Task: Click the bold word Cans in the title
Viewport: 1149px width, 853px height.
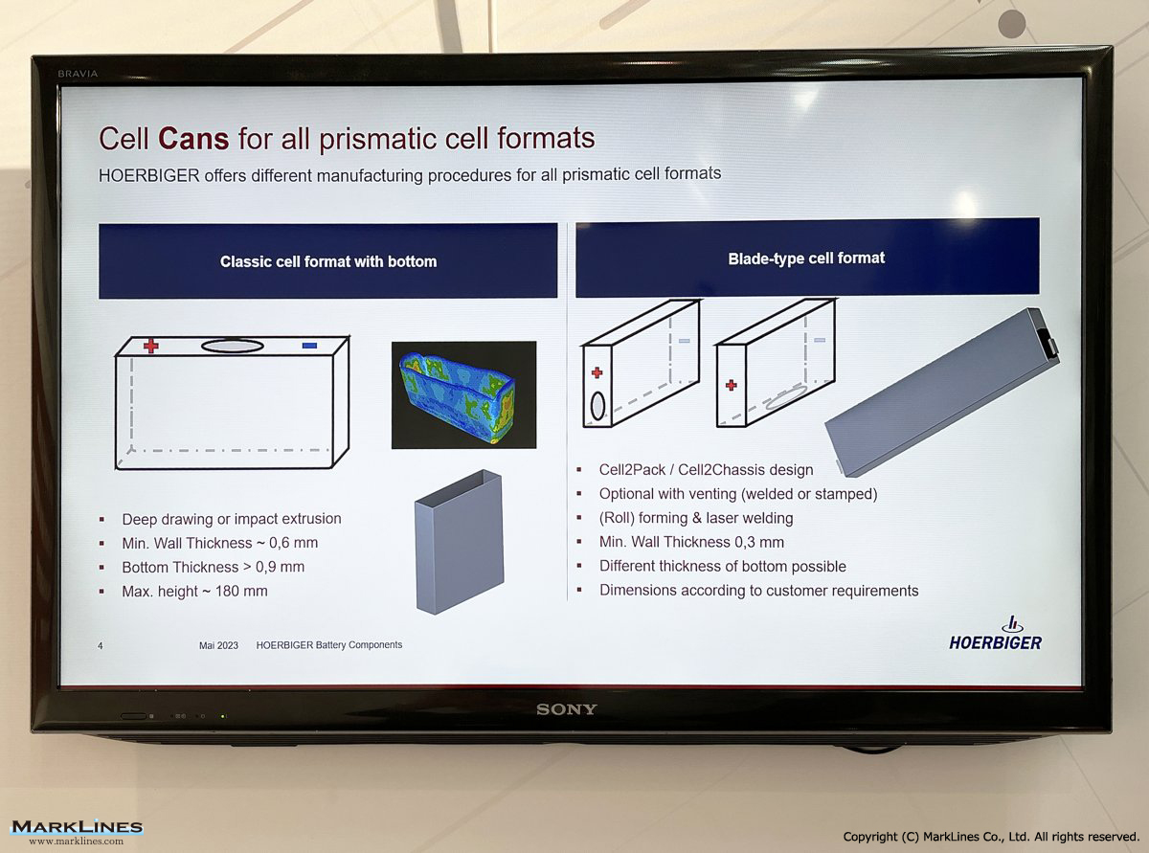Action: (193, 138)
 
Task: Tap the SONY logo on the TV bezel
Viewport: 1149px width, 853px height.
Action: (566, 709)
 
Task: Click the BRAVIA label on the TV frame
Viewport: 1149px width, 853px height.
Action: (78, 74)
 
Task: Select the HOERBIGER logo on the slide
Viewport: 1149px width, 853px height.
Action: (995, 633)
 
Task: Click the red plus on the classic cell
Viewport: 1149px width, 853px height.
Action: (150, 346)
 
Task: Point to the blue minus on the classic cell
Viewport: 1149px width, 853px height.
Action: (309, 345)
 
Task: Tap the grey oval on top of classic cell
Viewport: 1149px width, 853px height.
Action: (232, 346)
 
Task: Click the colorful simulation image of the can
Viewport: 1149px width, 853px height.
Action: (463, 394)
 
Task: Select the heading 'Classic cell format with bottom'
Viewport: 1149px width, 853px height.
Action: (328, 261)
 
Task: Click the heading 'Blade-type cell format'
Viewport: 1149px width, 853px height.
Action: (806, 258)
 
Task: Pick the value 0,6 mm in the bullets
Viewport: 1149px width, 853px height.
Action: (293, 543)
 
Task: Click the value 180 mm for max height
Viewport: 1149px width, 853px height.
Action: (241, 591)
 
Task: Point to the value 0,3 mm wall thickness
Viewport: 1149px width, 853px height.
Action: (759, 542)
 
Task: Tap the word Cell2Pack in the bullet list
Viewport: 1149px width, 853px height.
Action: (632, 470)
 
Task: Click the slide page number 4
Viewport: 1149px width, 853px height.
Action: (100, 646)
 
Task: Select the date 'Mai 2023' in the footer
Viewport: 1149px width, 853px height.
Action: (218, 645)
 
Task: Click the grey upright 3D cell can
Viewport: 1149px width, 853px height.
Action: (459, 542)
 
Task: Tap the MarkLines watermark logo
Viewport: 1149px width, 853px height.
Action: (77, 831)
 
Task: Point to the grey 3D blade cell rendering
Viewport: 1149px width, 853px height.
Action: (942, 393)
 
